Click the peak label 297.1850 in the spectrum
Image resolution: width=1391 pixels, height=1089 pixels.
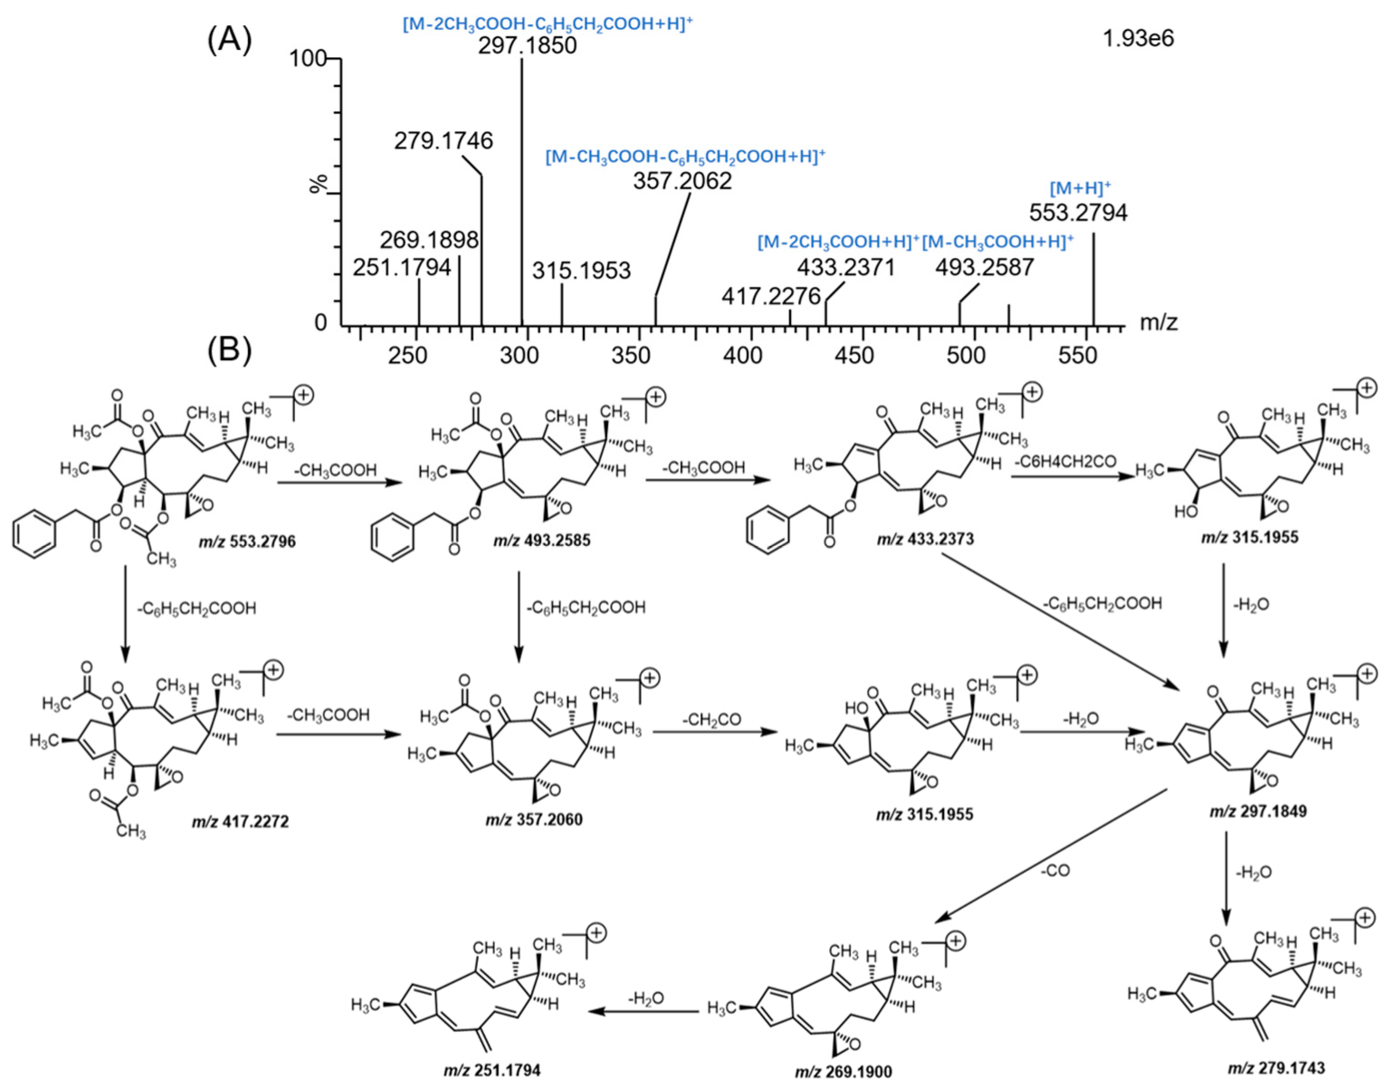pyautogui.click(x=527, y=46)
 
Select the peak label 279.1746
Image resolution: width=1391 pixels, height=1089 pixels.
pyautogui.click(x=443, y=141)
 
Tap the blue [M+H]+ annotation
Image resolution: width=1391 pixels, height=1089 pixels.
pyautogui.click(x=1080, y=188)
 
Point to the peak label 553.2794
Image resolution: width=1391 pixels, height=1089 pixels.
pyautogui.click(x=1078, y=213)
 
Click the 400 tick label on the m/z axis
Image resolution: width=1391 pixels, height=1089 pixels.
pyautogui.click(x=742, y=356)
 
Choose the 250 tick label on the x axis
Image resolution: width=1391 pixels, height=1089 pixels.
pyautogui.click(x=407, y=356)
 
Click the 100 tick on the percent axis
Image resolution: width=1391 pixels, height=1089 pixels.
pyautogui.click(x=307, y=60)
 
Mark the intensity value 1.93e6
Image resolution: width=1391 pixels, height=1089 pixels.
pyautogui.click(x=1138, y=39)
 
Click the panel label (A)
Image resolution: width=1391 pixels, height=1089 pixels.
pyautogui.click(x=229, y=40)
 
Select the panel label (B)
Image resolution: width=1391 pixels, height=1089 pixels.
pyautogui.click(x=229, y=349)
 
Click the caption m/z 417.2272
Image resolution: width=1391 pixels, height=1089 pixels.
pyautogui.click(x=240, y=822)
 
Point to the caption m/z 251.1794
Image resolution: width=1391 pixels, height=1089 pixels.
pyautogui.click(x=491, y=1070)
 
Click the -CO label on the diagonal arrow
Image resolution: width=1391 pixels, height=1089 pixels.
pyautogui.click(x=1054, y=870)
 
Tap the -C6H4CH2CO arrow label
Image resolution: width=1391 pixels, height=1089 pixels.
pyautogui.click(x=1065, y=462)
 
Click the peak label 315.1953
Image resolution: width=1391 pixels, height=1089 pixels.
pyautogui.click(x=581, y=271)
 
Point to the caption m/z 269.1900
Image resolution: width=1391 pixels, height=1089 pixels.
pyautogui.click(x=843, y=1072)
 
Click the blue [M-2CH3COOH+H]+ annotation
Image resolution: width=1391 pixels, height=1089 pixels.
pyautogui.click(x=838, y=242)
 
